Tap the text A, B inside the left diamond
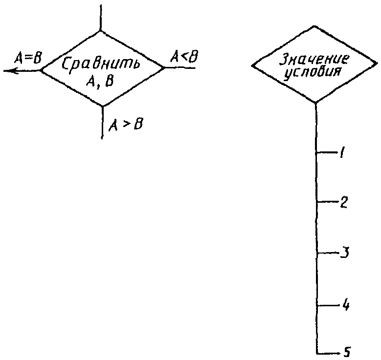[100, 82]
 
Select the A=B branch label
[28, 58]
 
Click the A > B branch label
[126, 124]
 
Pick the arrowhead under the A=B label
[11, 71]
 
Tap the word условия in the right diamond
[314, 72]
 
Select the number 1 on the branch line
[342, 153]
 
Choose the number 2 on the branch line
[343, 202]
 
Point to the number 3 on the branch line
[344, 253]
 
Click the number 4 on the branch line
[345, 305]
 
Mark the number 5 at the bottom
[347, 352]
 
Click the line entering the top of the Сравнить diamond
[100, 18]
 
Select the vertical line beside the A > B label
[102, 123]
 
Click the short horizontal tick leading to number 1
[327, 153]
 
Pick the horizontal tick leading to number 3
[329, 253]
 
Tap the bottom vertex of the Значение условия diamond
[315, 103]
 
